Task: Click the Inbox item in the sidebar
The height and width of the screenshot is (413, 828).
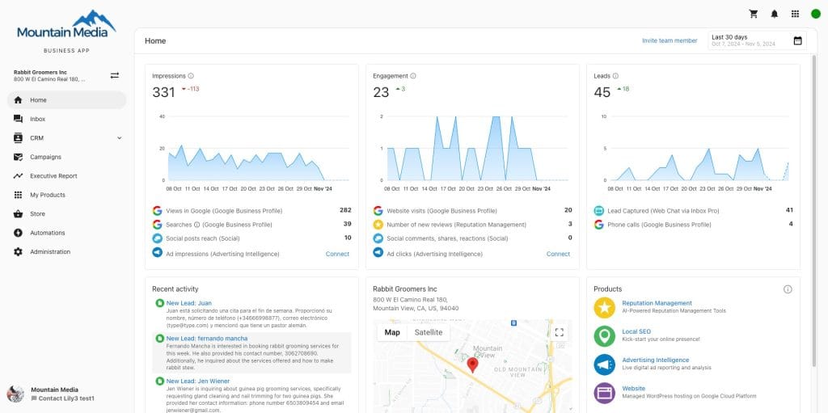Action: click(37, 119)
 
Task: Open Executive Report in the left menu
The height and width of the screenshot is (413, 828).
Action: click(53, 175)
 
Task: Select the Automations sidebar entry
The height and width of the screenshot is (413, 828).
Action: click(47, 233)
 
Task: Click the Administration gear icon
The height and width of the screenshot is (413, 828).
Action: click(18, 252)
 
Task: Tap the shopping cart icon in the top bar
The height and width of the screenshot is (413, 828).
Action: click(754, 14)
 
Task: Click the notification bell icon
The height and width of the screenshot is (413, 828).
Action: click(775, 14)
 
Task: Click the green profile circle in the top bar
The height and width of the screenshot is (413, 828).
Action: click(815, 14)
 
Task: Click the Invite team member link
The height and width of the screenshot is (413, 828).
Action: click(670, 40)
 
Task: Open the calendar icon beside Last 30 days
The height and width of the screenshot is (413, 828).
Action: click(798, 40)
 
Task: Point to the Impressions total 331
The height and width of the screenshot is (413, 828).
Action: click(163, 92)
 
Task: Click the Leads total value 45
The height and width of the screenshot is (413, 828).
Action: click(602, 92)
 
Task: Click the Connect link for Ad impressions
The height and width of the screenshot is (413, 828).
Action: click(337, 254)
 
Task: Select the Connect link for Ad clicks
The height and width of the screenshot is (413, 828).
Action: click(558, 254)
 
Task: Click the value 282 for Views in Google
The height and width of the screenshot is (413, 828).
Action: click(345, 210)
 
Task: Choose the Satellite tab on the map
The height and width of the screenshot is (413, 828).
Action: click(429, 332)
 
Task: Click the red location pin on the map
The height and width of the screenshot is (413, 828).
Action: click(473, 365)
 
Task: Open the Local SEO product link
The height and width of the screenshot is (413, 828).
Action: click(636, 331)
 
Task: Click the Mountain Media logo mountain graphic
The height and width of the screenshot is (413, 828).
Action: click(95, 19)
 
